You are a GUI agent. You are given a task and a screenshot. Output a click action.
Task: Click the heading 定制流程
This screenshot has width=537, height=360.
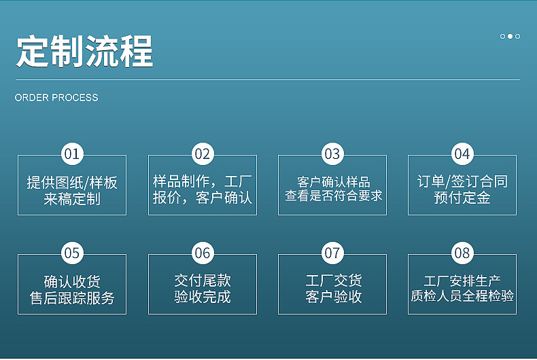(84, 52)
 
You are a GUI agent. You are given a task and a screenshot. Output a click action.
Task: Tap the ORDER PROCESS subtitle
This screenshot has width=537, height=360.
(56, 98)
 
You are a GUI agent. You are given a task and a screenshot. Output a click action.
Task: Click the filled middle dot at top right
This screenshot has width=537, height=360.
(510, 36)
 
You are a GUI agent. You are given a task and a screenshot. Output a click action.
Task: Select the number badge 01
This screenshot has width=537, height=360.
(72, 154)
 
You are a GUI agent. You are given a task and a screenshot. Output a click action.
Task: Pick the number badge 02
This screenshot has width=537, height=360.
(203, 154)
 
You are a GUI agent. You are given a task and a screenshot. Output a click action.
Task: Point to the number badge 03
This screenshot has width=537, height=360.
(332, 154)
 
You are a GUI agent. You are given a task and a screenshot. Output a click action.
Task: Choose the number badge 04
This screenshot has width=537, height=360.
(462, 154)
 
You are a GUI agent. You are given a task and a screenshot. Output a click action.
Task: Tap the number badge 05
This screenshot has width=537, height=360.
(72, 253)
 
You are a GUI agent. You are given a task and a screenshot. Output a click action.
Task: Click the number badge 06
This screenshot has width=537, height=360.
(203, 253)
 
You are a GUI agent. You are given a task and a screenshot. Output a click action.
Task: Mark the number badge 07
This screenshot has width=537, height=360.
(332, 253)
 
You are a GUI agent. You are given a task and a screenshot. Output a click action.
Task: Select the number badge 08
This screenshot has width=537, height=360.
(462, 253)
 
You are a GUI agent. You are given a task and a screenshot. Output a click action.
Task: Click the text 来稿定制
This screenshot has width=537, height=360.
(72, 199)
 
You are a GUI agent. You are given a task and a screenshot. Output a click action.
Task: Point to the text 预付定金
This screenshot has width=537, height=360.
(462, 198)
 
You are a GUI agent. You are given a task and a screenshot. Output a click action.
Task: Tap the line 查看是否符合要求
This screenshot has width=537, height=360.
(334, 196)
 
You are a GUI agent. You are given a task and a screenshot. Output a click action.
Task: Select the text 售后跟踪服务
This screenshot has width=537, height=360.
(72, 298)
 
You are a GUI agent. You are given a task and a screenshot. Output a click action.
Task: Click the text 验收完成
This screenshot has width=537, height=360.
(203, 296)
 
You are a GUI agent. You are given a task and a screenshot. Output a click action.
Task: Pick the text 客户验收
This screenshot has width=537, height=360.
(334, 296)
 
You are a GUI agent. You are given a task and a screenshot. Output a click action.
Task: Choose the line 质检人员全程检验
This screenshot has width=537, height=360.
(462, 295)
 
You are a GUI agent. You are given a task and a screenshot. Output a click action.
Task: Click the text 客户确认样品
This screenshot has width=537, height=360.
(334, 181)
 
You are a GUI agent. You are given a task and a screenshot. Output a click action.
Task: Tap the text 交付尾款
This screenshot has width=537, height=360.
(203, 281)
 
